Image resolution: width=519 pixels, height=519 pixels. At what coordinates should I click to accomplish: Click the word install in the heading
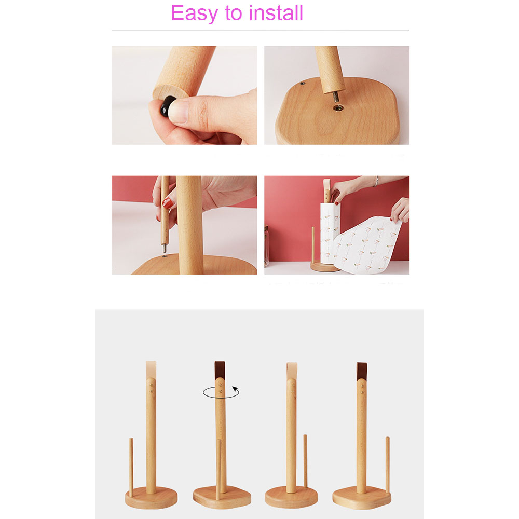(276, 13)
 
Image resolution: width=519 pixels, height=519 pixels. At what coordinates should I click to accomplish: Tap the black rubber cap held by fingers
(167, 108)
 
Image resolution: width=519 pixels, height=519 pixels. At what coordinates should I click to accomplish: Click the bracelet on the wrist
(377, 182)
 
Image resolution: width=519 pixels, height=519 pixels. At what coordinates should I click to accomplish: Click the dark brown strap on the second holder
(220, 370)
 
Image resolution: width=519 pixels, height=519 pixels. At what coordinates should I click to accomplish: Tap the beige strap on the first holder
(150, 370)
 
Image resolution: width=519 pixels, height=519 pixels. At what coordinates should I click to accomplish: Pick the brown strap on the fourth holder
(361, 370)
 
